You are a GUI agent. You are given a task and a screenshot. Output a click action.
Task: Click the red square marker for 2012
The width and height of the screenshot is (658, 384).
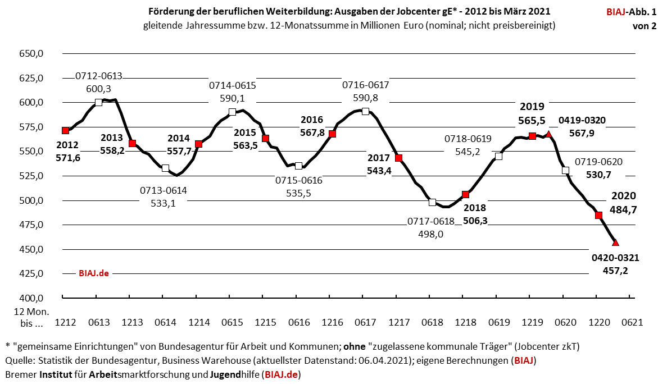pos(65,130)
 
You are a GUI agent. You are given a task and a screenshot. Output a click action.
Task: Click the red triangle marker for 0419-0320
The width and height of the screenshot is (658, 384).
pos(549,134)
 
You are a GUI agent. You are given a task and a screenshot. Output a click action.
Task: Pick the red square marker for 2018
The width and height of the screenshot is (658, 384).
pos(465,194)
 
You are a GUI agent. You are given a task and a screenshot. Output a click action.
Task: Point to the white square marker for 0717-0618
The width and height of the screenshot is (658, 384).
pos(432,202)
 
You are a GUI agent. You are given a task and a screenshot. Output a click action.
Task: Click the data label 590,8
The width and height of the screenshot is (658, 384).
pos(366,98)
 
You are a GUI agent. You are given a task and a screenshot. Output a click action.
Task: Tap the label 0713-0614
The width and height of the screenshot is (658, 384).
pos(164,191)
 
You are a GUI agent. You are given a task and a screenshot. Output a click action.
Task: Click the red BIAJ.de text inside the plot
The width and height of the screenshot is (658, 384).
pos(93,273)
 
